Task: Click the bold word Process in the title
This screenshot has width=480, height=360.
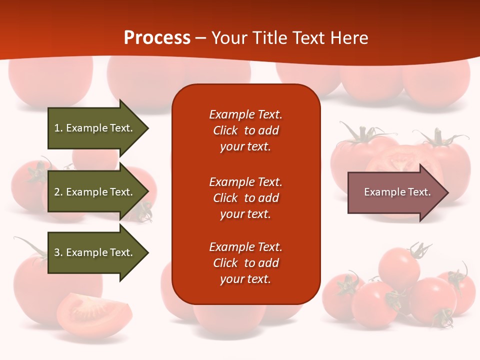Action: [157, 38]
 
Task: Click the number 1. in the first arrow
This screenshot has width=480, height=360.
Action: [58, 128]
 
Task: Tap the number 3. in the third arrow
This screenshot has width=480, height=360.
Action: [58, 252]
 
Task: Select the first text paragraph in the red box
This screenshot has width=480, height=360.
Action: [245, 130]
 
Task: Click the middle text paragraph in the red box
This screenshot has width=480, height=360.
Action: [245, 198]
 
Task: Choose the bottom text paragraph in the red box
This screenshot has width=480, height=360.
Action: [245, 263]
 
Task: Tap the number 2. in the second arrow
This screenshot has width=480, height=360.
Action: [58, 192]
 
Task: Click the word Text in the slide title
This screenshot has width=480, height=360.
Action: [308, 38]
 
